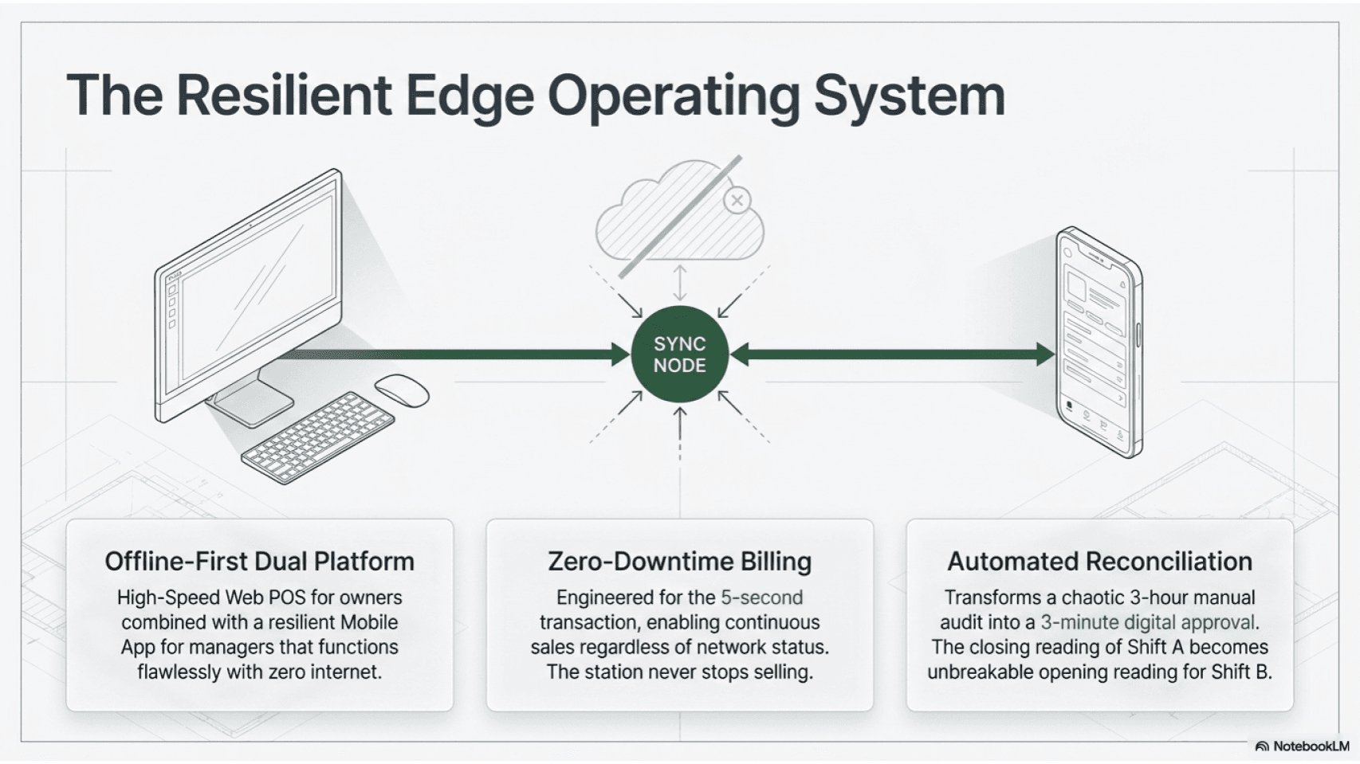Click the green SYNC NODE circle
tap(679, 355)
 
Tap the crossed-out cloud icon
tap(679, 215)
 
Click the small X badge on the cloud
tap(737, 200)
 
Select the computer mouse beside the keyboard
tap(402, 390)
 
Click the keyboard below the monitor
tap(317, 437)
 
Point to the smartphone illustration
tap(1099, 343)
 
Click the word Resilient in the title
tap(284, 96)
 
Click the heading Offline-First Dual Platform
tap(259, 562)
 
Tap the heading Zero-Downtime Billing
tap(679, 562)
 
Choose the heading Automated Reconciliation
tap(1099, 562)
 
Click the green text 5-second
tap(761, 597)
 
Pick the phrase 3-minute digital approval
tap(1147, 623)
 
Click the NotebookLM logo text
tap(1311, 746)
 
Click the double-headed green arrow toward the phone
tap(893, 355)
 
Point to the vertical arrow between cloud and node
tap(680, 283)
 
